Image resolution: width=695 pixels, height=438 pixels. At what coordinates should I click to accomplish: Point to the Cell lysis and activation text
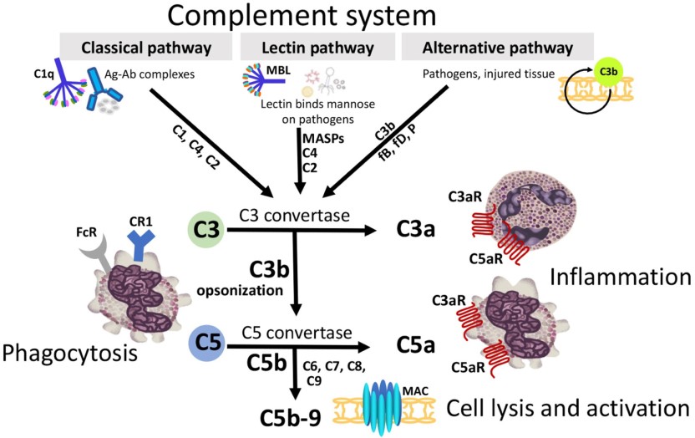click(567, 408)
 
